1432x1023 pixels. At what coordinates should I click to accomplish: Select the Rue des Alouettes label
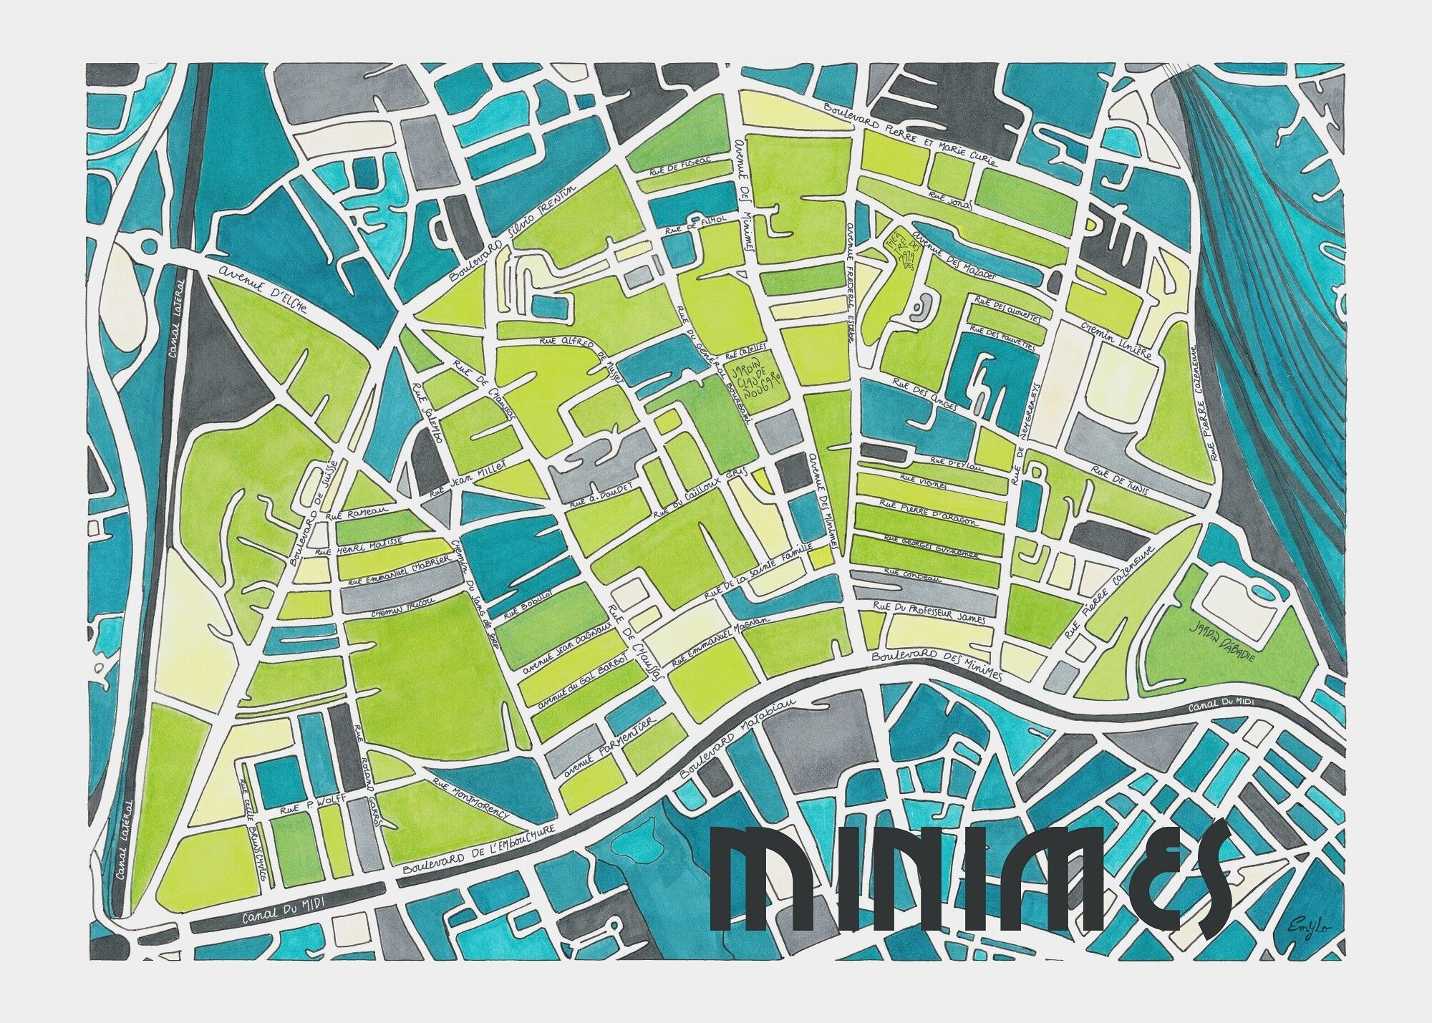999,309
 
